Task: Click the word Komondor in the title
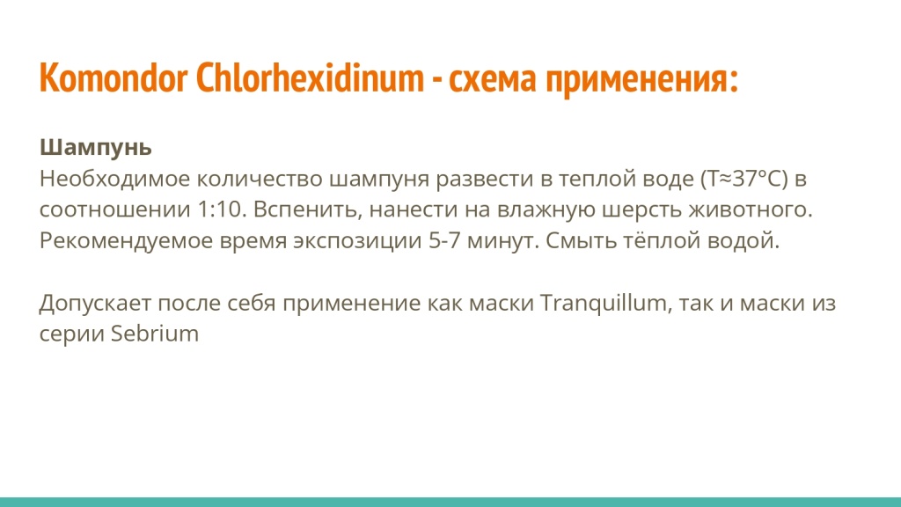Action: (113, 79)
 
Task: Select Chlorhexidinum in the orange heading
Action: (309, 79)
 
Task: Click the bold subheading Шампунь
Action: (96, 146)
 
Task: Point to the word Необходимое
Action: (114, 180)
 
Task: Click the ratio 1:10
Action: (211, 210)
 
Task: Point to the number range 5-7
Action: (448, 240)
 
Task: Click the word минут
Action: (505, 240)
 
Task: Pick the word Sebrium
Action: (155, 334)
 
